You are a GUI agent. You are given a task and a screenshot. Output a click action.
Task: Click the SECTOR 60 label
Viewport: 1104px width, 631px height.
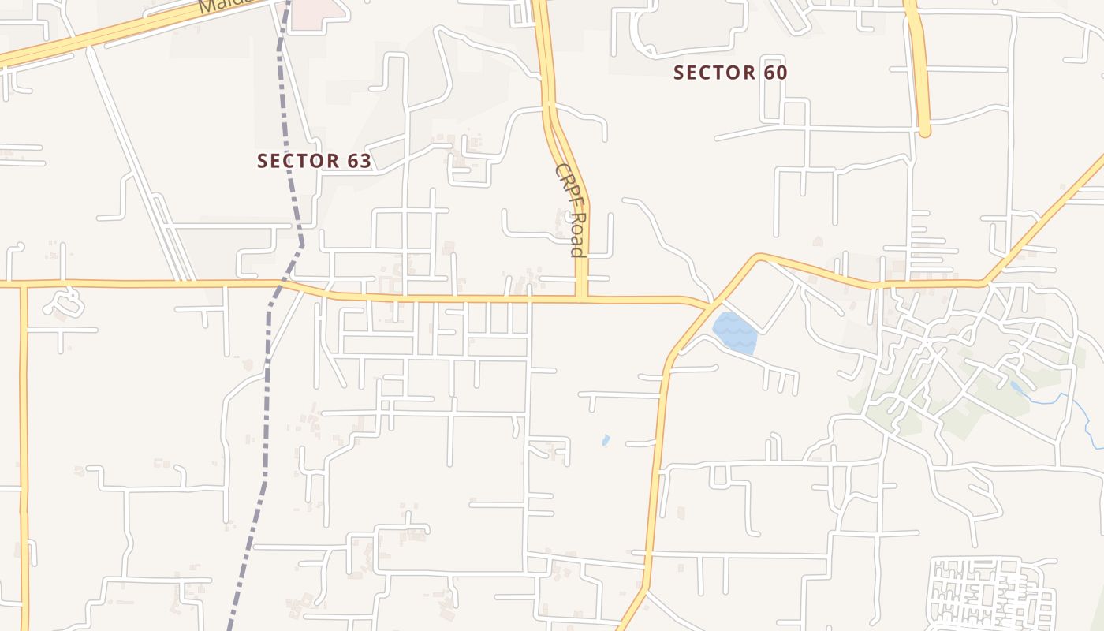[x=730, y=73]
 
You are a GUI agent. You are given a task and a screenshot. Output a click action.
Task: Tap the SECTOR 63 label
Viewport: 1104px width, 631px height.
[x=314, y=161]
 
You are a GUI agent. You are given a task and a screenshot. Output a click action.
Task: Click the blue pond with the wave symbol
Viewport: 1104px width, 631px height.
[x=735, y=333]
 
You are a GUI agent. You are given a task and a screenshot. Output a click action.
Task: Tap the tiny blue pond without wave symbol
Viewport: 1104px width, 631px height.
[x=606, y=440]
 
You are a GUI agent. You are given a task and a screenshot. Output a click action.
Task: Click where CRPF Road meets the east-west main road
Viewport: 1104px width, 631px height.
[x=582, y=299]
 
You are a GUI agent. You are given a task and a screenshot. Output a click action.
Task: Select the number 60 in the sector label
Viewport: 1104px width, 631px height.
[x=774, y=73]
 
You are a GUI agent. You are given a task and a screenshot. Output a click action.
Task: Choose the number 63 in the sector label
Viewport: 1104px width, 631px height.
[x=358, y=161]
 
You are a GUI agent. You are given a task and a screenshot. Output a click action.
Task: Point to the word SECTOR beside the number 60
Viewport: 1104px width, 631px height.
[x=714, y=73]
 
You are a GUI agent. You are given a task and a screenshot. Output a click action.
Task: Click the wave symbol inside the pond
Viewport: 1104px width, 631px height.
[x=735, y=333]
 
